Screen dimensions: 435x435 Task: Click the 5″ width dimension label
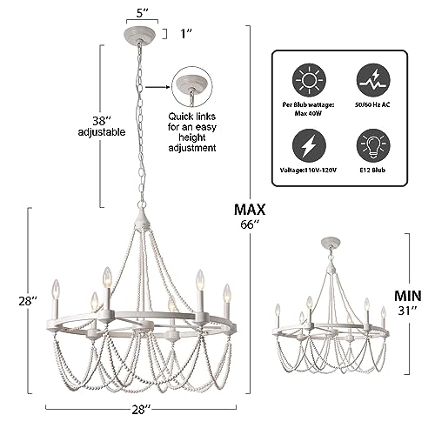click(x=143, y=13)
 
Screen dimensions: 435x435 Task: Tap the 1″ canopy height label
click(x=187, y=34)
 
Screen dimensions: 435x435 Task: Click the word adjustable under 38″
click(x=102, y=132)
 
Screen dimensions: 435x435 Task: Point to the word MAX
click(x=250, y=210)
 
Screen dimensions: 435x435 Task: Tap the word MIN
click(x=407, y=296)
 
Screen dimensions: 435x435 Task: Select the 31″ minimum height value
click(x=407, y=311)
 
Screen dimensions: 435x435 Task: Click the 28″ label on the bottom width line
click(x=141, y=410)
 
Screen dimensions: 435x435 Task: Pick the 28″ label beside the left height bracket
click(x=28, y=301)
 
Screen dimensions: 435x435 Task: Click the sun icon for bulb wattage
click(x=309, y=81)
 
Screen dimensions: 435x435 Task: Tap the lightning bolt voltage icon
click(x=309, y=145)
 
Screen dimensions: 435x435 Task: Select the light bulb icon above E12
click(x=373, y=145)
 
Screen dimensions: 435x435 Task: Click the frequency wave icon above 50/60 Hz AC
click(x=373, y=81)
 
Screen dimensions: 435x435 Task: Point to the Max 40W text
click(x=308, y=113)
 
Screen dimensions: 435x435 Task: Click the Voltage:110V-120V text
click(x=308, y=171)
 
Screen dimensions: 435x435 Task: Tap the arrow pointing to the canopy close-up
click(x=157, y=87)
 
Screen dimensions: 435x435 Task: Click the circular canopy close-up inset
click(x=192, y=86)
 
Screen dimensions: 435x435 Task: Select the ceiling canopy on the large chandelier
click(x=139, y=34)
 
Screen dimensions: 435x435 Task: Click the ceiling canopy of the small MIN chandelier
click(x=331, y=243)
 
